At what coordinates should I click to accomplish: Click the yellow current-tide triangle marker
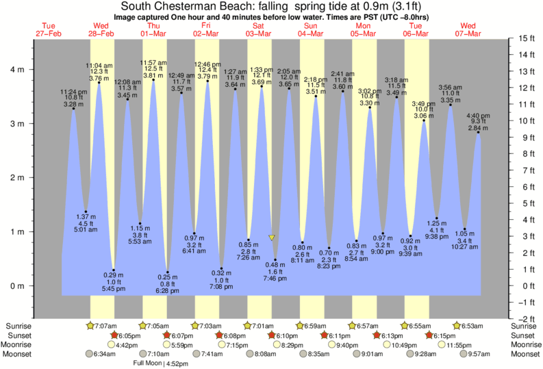[272, 238]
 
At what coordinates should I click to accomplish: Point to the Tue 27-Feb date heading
[46, 29]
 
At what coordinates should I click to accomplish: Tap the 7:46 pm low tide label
[275, 279]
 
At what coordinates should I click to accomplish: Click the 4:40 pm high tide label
[478, 115]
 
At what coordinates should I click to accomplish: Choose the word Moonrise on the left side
[21, 345]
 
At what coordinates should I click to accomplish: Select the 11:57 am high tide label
[153, 63]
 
